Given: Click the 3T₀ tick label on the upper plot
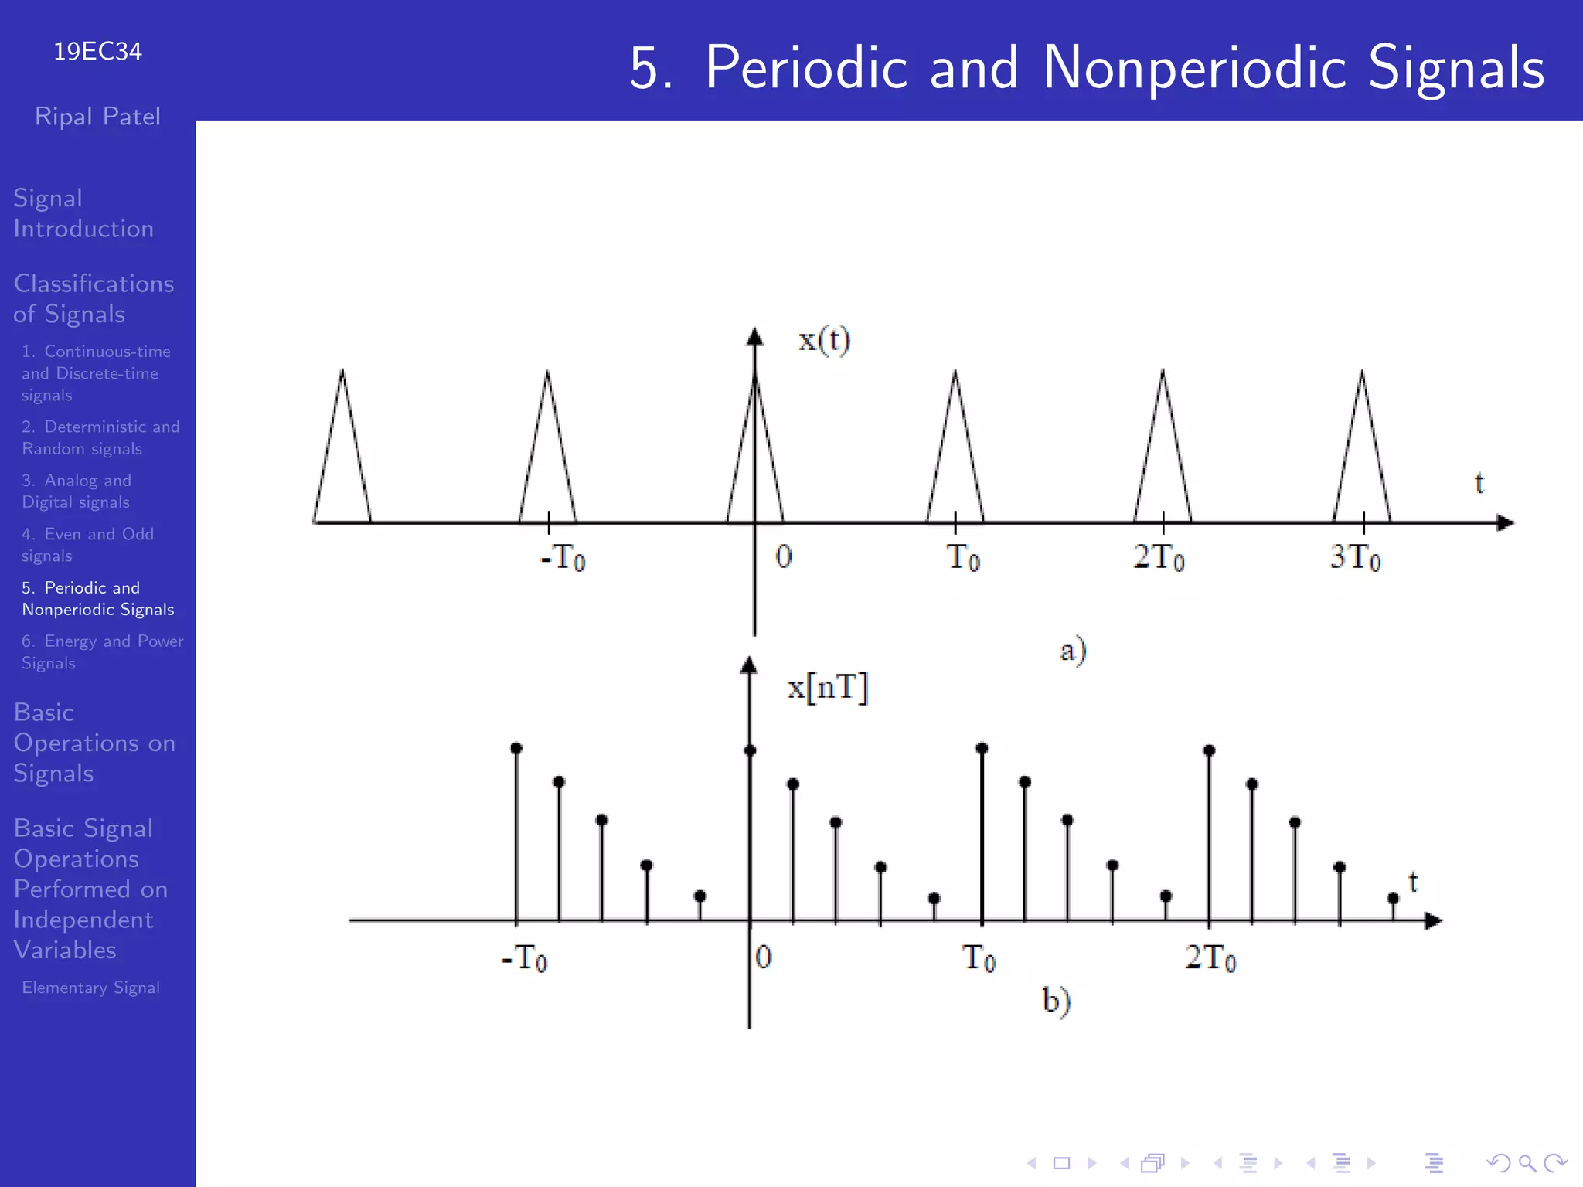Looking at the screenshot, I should click(1354, 557).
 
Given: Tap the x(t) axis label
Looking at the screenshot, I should click(824, 340).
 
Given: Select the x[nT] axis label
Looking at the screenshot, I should click(827, 687).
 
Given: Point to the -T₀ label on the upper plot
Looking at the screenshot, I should click(563, 557).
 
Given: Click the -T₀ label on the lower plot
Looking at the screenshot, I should click(525, 958).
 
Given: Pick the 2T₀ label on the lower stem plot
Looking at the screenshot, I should click(1210, 958).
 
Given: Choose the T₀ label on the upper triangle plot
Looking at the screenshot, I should click(963, 557).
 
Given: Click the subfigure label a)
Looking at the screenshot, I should click(1073, 651).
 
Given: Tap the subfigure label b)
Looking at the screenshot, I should click(1056, 1001).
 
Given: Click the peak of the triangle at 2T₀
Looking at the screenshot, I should click(1163, 372).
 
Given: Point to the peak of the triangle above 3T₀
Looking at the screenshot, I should click(1362, 372).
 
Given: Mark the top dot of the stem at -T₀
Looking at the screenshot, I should click(516, 748).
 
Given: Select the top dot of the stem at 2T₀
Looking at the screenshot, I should click(1210, 750).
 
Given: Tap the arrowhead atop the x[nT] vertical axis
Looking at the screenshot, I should click(748, 665).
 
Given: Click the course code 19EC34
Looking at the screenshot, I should click(97, 52).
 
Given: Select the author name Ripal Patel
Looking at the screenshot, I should click(97, 117).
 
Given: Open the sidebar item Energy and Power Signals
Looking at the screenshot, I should click(102, 652).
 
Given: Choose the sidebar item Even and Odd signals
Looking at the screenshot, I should click(87, 545).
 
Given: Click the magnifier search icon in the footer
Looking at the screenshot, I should click(1527, 1163).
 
